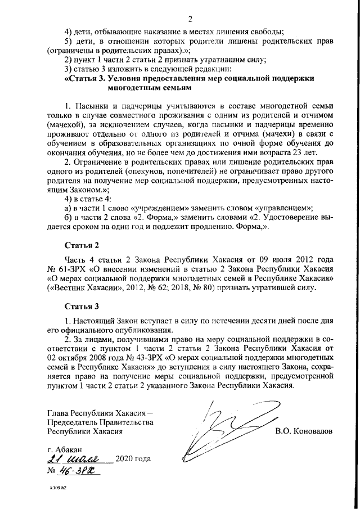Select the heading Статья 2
(82, 245)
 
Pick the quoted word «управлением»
(280, 207)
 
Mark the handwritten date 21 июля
(79, 460)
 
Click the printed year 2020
(125, 460)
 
